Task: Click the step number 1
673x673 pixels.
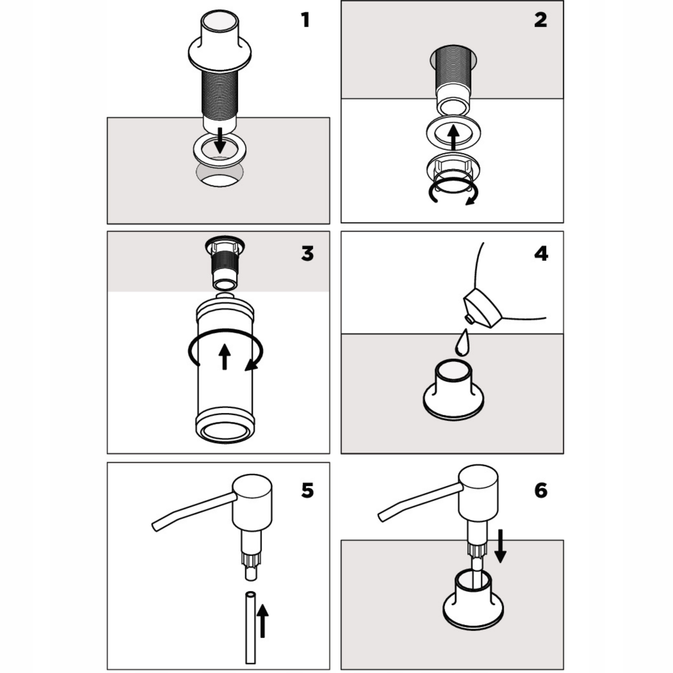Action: click(x=305, y=20)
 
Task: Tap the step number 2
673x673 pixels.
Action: click(x=540, y=20)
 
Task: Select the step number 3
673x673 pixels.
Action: click(x=307, y=254)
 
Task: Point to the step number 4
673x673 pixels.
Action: click(x=541, y=254)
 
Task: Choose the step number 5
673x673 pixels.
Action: click(x=307, y=491)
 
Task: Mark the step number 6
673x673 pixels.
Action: click(x=541, y=491)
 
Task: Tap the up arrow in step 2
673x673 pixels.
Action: click(x=453, y=137)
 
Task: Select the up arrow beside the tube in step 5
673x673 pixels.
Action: click(x=263, y=621)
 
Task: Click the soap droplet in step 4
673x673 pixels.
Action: click(x=463, y=343)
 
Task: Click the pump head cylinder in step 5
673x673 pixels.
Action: click(x=252, y=502)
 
